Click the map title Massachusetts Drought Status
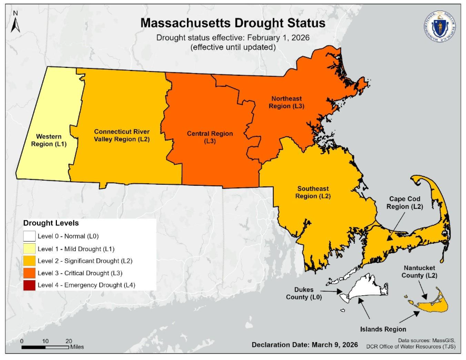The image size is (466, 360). (x=232, y=24)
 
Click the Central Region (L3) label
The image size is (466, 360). (x=210, y=137)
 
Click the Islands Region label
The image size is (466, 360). (x=383, y=329)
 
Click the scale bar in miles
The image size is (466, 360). (x=45, y=347)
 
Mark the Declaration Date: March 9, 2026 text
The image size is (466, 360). (x=305, y=345)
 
